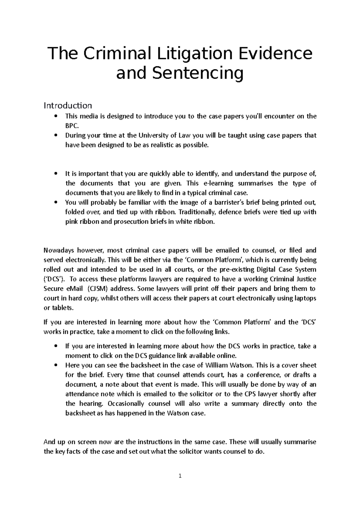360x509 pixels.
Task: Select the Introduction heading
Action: [x=68, y=106]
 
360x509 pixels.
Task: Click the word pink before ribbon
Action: [x=71, y=222]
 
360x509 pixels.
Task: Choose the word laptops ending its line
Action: [x=305, y=298]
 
